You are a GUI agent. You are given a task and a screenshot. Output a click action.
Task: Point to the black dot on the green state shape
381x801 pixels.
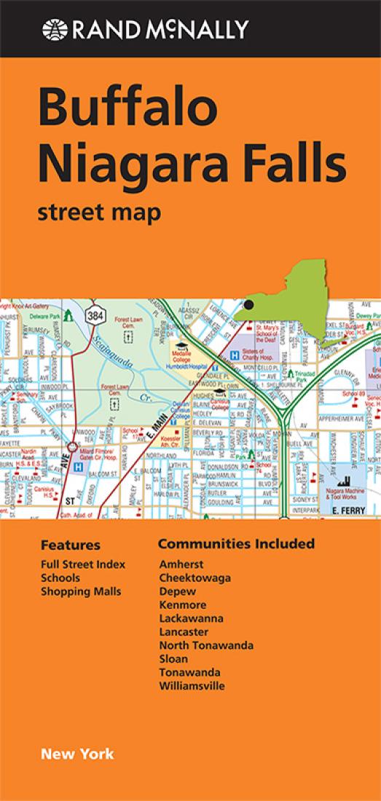(x=249, y=305)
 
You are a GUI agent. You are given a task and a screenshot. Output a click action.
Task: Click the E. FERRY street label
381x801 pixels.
(x=347, y=512)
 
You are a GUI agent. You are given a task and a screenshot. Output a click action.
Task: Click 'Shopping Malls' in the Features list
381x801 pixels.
(x=81, y=591)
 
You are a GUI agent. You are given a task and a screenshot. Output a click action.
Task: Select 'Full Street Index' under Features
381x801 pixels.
(x=83, y=564)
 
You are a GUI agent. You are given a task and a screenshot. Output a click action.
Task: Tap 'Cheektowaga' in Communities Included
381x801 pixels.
(x=195, y=577)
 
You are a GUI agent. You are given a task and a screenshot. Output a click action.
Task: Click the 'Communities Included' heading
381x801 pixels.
(x=236, y=544)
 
